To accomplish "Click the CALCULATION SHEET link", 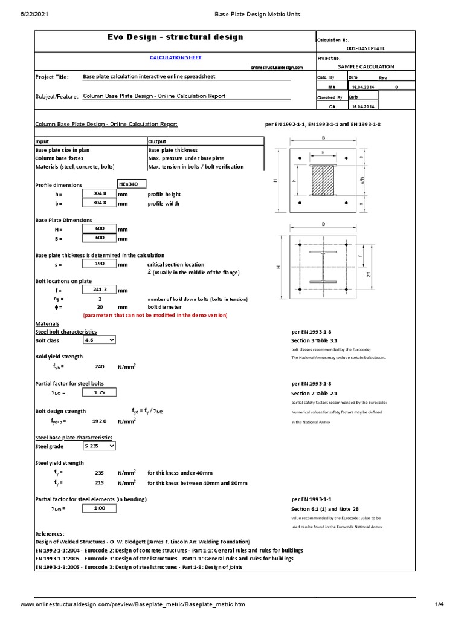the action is click(x=175, y=57).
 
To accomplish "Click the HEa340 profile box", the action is click(x=132, y=184).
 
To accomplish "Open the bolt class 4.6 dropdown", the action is click(x=99, y=340).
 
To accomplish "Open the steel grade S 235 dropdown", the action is click(x=99, y=446).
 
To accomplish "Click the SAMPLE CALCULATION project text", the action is click(x=366, y=67).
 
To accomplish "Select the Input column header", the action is click(x=42, y=141).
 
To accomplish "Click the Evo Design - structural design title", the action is click(x=175, y=37).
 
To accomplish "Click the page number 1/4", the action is click(x=439, y=604).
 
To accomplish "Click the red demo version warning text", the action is click(x=155, y=315).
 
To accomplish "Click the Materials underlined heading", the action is click(x=47, y=323).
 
